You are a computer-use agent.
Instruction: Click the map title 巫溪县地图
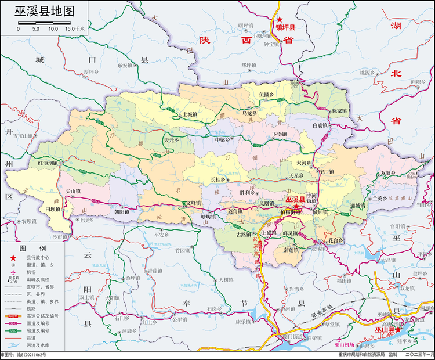pyautogui.click(x=44, y=10)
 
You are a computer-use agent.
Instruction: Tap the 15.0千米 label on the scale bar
pyautogui.click(x=75, y=28)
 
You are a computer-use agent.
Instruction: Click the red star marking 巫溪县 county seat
pyautogui.click(x=296, y=206)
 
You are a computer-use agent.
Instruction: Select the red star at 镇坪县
pyautogui.click(x=279, y=19)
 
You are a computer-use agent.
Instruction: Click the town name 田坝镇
pyautogui.click(x=39, y=210)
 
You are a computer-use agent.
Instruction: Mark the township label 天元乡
pyautogui.click(x=172, y=140)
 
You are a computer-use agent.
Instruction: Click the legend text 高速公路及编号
pyautogui.click(x=39, y=316)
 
